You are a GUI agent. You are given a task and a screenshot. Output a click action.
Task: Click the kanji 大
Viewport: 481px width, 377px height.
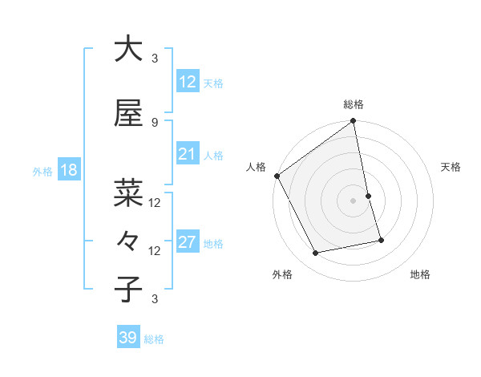(128, 49)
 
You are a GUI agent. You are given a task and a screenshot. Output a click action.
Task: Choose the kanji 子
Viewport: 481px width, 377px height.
(128, 289)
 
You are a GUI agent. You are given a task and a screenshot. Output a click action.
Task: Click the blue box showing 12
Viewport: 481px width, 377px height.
(187, 81)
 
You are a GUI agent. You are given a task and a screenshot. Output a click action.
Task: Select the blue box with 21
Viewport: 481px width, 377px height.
(187, 154)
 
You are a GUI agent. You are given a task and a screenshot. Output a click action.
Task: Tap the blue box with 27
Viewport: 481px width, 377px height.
(187, 242)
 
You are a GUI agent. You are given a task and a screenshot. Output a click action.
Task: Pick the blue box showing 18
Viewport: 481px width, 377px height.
(68, 170)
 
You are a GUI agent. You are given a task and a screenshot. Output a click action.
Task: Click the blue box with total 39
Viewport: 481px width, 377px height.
(127, 338)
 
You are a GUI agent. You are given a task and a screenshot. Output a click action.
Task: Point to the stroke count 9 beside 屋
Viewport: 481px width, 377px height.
(155, 122)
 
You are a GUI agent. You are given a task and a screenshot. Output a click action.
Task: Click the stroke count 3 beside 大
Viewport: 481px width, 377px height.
(155, 58)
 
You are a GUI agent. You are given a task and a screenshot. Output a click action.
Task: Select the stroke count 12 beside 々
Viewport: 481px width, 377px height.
(155, 250)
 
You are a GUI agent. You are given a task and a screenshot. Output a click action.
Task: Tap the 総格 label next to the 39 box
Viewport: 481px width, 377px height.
(154, 339)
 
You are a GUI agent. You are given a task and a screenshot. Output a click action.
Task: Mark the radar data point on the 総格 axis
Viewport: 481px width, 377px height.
(354, 122)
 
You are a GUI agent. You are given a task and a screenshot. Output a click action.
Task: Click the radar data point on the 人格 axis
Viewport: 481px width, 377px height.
(277, 176)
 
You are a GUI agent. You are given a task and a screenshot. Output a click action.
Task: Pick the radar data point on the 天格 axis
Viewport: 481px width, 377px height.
(368, 196)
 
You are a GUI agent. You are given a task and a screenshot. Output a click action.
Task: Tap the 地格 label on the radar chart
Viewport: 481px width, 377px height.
(420, 275)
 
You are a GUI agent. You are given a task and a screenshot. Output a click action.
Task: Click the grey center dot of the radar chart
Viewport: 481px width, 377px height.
(354, 201)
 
